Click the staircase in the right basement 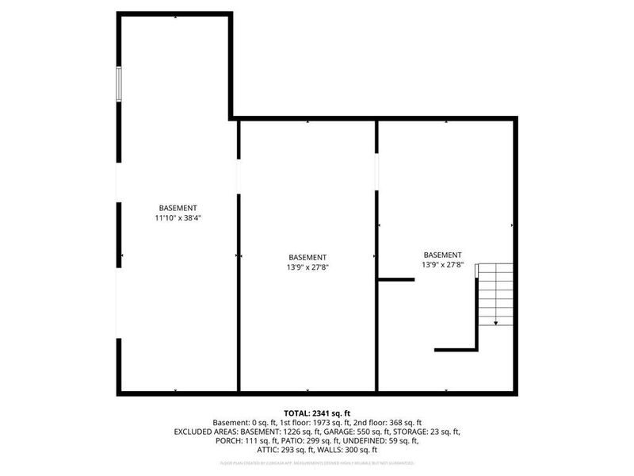click(495, 294)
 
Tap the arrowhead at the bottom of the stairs click(496, 323)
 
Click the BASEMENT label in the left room click(178, 208)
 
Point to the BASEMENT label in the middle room click(307, 258)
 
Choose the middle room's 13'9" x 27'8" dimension click(307, 267)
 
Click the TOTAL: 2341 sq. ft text click(317, 413)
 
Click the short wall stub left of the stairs click(396, 279)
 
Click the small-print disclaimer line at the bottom click(317, 463)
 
